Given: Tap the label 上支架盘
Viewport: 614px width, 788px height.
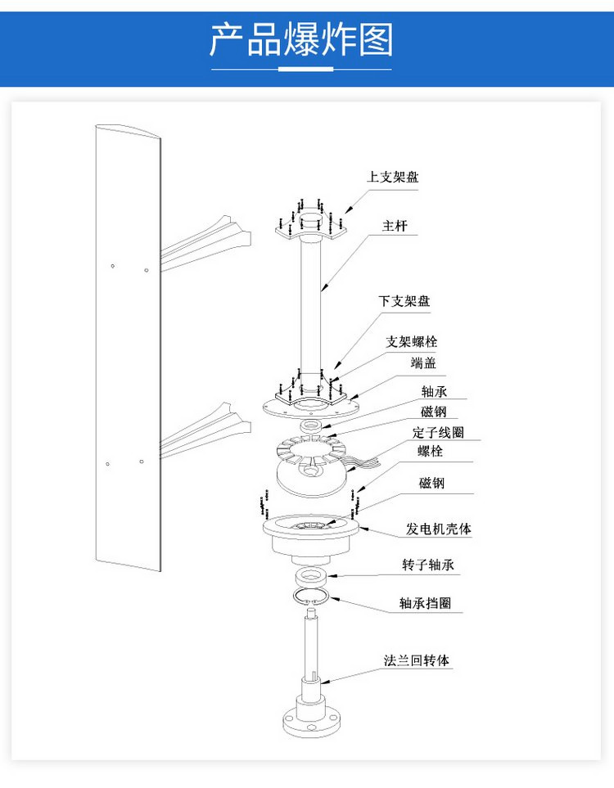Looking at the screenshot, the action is [x=393, y=177].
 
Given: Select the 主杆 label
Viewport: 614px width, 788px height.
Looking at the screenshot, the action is [x=395, y=226].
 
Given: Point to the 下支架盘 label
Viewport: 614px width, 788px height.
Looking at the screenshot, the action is [x=404, y=301].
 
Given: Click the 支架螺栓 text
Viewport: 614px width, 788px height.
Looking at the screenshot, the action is [x=411, y=342].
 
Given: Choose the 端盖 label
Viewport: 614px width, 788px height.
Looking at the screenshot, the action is [x=423, y=362].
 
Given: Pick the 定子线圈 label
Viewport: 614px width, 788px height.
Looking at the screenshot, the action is [x=438, y=432].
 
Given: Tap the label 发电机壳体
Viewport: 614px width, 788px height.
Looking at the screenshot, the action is [x=439, y=529].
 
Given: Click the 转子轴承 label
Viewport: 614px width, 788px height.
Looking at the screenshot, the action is [x=428, y=565].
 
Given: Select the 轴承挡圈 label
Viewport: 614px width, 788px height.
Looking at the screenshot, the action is [x=425, y=602].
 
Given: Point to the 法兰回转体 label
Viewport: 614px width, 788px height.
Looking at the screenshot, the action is [x=417, y=660].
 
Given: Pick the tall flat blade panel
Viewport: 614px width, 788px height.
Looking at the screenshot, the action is [x=129, y=347].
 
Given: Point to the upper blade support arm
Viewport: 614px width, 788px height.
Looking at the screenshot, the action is [x=206, y=243].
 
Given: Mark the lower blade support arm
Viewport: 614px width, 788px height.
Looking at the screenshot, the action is [x=205, y=430].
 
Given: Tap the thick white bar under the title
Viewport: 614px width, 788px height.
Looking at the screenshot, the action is [x=305, y=69].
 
